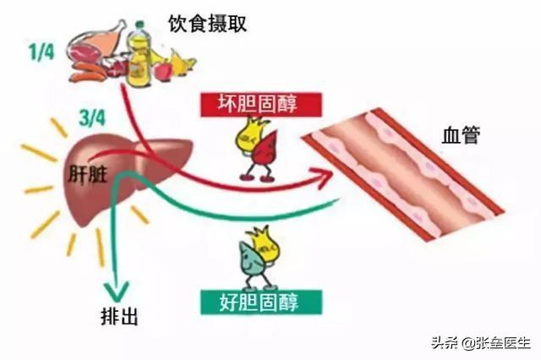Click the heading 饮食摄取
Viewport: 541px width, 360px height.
[x=208, y=25]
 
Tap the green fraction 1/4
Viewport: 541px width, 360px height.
[x=41, y=52]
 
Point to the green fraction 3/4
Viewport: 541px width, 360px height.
[x=92, y=118]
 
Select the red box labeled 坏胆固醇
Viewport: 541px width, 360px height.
[x=261, y=104]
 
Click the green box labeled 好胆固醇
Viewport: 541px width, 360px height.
[x=261, y=302]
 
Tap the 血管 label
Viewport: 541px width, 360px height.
[x=461, y=135]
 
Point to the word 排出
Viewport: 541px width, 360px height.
[x=119, y=316]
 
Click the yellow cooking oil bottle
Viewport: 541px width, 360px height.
[x=139, y=54]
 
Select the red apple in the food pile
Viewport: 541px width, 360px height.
[x=163, y=70]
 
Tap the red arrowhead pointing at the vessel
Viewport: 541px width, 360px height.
[x=323, y=177]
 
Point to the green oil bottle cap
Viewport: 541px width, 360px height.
[x=139, y=25]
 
